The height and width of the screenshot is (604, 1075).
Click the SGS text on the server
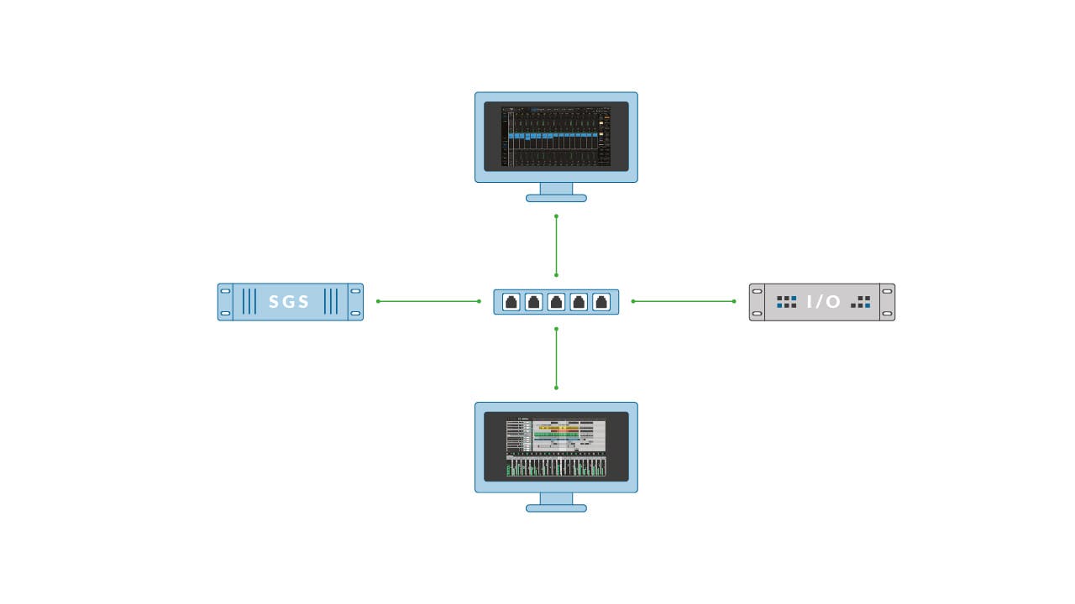[290, 302]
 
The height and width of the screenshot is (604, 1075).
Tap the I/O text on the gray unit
[823, 302]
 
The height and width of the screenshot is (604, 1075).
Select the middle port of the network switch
[556, 302]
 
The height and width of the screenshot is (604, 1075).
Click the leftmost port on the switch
[511, 302]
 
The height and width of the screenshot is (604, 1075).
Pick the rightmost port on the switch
[601, 302]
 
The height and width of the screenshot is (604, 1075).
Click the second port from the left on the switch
[533, 302]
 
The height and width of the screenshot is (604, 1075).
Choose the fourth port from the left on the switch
[579, 302]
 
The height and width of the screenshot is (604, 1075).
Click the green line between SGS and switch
[428, 301]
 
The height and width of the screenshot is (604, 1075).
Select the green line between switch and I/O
[684, 301]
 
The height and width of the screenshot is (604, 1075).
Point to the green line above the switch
[556, 245]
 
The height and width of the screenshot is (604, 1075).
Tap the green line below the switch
[556, 358]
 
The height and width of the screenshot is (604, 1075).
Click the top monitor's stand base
[556, 198]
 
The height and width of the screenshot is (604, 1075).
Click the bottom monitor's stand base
[556, 508]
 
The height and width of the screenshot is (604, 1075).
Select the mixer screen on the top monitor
[556, 137]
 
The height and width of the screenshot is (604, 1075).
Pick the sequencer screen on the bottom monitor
[556, 446]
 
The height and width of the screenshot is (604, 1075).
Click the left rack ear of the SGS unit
[225, 302]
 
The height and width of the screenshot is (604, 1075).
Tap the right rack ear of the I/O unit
[888, 302]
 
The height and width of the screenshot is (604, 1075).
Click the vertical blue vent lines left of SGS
[249, 302]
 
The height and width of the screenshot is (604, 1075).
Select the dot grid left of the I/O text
[786, 302]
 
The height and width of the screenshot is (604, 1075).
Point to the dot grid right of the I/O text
[861, 302]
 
